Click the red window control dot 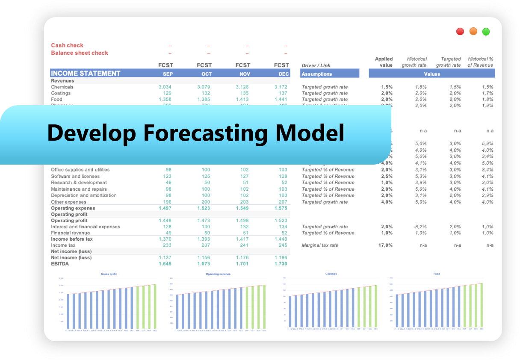pyautogui.click(x=460, y=31)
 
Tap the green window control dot pyautogui.click(x=486, y=31)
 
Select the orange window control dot pyautogui.click(x=473, y=31)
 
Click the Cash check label pyautogui.click(x=67, y=45)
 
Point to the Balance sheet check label pyautogui.click(x=80, y=53)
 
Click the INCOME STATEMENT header pyautogui.click(x=86, y=74)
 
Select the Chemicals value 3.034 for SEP pyautogui.click(x=165, y=87)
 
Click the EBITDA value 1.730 pyautogui.click(x=281, y=264)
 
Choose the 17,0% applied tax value pyautogui.click(x=386, y=245)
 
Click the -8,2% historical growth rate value pyautogui.click(x=420, y=227)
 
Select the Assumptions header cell pyautogui.click(x=316, y=74)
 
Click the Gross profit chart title pyautogui.click(x=109, y=274)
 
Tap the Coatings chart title pyautogui.click(x=331, y=274)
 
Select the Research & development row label pyautogui.click(x=79, y=183)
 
